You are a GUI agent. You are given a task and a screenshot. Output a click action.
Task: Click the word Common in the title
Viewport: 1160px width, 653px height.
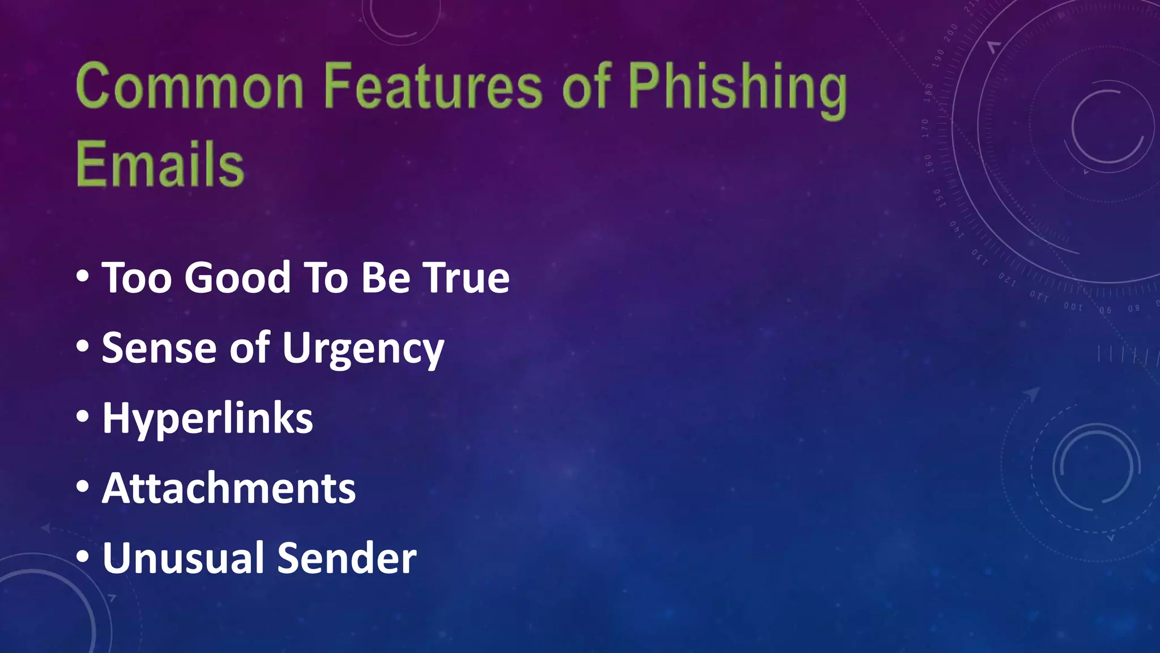tap(190, 87)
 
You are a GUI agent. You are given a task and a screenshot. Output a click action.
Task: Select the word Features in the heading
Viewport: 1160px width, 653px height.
tap(433, 87)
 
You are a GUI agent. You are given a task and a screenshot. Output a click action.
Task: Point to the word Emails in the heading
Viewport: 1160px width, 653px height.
tap(160, 164)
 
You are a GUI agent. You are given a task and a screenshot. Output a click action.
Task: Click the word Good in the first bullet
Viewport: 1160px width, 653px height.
tap(238, 278)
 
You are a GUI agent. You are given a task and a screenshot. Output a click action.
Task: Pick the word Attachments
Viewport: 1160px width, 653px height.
tap(229, 488)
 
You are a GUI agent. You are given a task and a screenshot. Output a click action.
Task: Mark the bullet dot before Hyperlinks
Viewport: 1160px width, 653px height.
tap(83, 417)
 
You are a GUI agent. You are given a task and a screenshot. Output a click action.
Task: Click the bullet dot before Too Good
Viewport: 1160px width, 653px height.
tap(83, 277)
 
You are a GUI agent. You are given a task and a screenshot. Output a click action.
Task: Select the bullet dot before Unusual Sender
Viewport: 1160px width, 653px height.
tap(83, 556)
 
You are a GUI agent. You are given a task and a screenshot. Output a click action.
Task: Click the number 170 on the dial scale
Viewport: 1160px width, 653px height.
tap(925, 129)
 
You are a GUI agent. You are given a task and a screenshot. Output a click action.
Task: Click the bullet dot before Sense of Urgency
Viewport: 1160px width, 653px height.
tap(83, 346)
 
